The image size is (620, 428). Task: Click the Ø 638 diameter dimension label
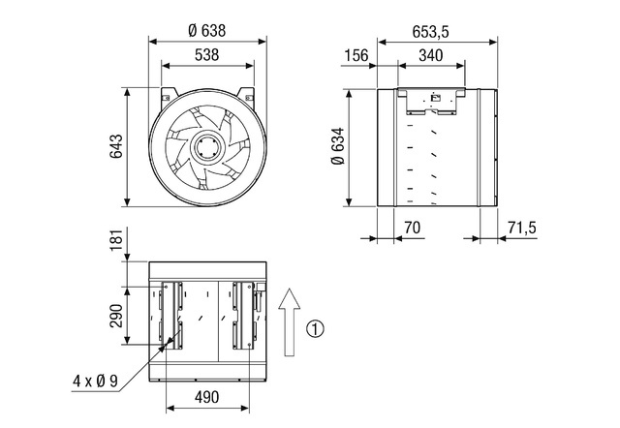(207, 31)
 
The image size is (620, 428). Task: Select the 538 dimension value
(206, 55)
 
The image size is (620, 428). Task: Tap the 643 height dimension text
(116, 146)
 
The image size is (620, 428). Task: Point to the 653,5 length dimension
(430, 32)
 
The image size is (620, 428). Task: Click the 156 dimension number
(356, 56)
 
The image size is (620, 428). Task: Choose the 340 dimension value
(430, 56)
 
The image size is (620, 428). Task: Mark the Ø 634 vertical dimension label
(338, 146)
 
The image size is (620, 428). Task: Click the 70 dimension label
(412, 228)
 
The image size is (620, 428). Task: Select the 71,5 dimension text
(522, 228)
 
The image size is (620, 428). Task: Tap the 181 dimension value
(116, 239)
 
